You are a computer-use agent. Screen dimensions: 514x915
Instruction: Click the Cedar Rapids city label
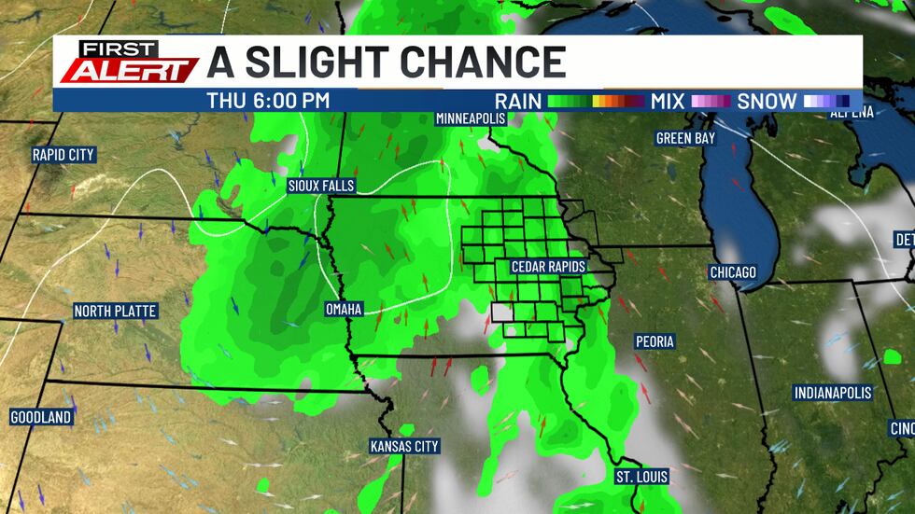point(548,267)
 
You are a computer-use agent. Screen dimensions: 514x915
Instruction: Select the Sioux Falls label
point(321,186)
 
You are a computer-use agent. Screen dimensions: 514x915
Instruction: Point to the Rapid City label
point(63,155)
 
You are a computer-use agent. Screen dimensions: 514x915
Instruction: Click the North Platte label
point(116,311)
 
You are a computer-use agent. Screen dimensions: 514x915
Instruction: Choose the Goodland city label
point(41,417)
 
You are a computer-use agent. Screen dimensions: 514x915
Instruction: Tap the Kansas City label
point(404,447)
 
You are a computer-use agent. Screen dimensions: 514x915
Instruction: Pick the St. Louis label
point(641,477)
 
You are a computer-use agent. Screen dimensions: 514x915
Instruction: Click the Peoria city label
point(655,341)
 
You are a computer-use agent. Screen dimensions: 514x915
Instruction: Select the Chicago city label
point(732,272)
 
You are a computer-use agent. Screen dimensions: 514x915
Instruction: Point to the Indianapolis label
point(833,393)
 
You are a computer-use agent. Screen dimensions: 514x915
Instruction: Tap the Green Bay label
point(686,138)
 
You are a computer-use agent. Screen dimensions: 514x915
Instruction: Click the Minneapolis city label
point(471,118)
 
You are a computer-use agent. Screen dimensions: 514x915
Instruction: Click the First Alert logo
point(128,63)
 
